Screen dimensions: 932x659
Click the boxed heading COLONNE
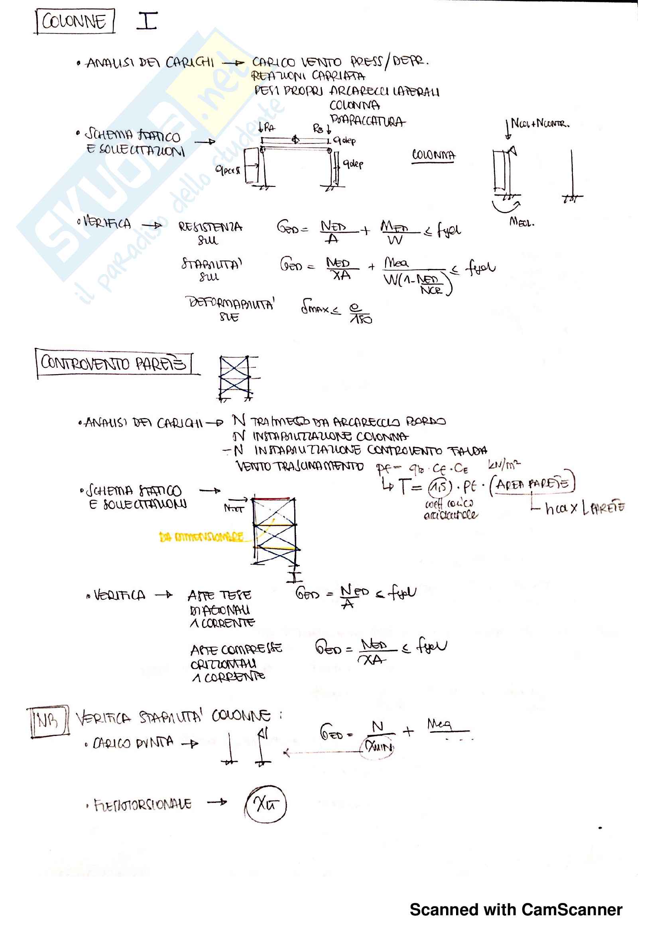pyautogui.click(x=74, y=21)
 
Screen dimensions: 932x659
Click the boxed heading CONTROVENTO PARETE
pyautogui.click(x=114, y=363)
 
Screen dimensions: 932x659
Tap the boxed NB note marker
pyautogui.click(x=48, y=720)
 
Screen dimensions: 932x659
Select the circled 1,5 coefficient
pyautogui.click(x=440, y=486)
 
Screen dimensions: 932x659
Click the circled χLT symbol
pyautogui.click(x=266, y=804)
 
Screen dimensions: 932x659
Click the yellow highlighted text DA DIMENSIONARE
pyautogui.click(x=201, y=537)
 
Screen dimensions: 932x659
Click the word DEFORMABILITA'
pyautogui.click(x=230, y=303)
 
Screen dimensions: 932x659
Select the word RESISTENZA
pyautogui.click(x=210, y=226)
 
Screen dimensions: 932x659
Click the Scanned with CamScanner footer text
pyautogui.click(x=515, y=910)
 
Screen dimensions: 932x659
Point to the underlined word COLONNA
pyautogui.click(x=433, y=155)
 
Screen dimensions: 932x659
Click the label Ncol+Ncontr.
pyautogui.click(x=540, y=123)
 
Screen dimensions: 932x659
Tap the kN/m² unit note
pyautogui.click(x=504, y=463)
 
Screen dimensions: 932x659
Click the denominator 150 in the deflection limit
pyautogui.click(x=360, y=319)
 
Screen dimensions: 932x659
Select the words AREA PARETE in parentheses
pyautogui.click(x=532, y=483)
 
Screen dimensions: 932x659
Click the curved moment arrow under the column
pyautogui.click(x=506, y=206)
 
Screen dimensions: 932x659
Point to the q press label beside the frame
pyautogui.click(x=228, y=170)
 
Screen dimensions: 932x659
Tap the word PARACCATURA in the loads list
pyautogui.click(x=368, y=121)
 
